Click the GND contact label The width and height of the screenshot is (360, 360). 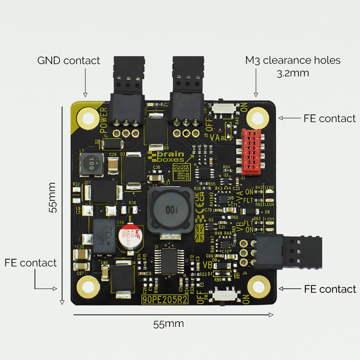[x=68, y=60]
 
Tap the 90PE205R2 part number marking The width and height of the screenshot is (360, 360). [x=165, y=300]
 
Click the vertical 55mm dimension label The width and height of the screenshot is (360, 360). [x=53, y=197]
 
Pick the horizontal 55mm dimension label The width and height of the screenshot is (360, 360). [x=168, y=324]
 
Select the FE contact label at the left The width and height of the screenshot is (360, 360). [x=31, y=263]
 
